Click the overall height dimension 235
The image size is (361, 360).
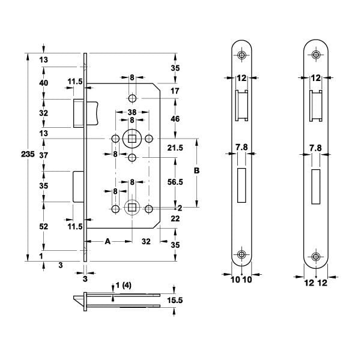click(28, 154)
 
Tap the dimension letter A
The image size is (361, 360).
click(108, 242)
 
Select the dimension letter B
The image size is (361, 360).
click(196, 170)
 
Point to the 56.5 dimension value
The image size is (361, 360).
click(175, 182)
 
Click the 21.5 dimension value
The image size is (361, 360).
click(175, 148)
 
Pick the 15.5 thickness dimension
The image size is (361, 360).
click(175, 300)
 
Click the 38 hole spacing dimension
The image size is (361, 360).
click(132, 112)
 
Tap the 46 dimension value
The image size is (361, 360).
click(175, 119)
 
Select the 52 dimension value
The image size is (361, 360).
click(43, 227)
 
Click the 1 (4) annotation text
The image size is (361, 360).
click(123, 286)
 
